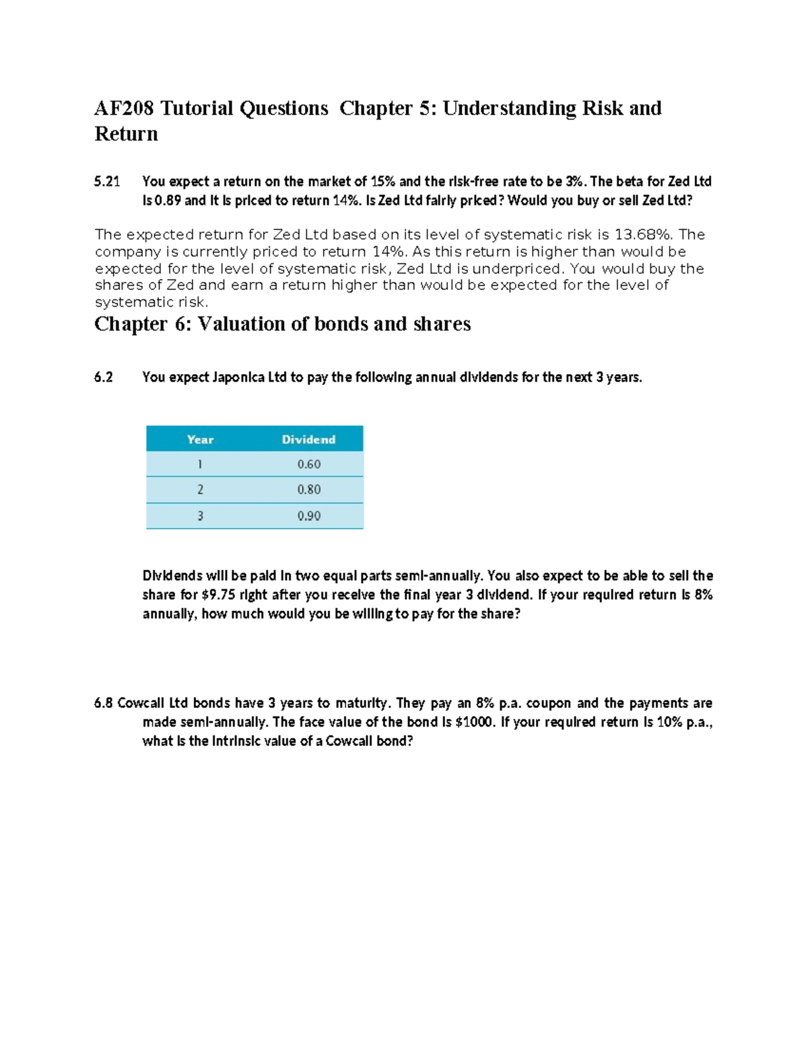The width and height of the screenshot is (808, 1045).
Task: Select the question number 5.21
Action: pyautogui.click(x=107, y=182)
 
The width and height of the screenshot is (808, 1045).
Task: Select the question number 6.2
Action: pyautogui.click(x=104, y=377)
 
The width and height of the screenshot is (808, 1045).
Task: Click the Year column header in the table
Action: pyautogui.click(x=200, y=439)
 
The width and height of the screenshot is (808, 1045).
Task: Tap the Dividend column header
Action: pyautogui.click(x=308, y=439)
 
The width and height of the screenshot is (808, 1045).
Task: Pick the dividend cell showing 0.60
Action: pyautogui.click(x=309, y=464)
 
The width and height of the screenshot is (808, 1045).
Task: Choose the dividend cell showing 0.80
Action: pyautogui.click(x=309, y=490)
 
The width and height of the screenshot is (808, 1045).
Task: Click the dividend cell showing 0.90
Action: pyautogui.click(x=309, y=516)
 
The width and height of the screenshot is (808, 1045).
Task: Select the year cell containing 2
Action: pyautogui.click(x=200, y=490)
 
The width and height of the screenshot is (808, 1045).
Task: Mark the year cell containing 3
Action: pyautogui.click(x=200, y=516)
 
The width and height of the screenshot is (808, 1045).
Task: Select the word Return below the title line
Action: pyautogui.click(x=126, y=134)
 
